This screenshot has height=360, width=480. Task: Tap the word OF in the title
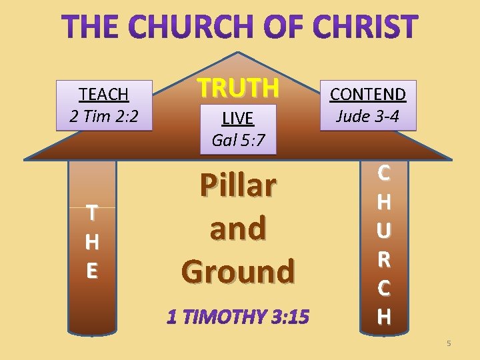tap(286, 27)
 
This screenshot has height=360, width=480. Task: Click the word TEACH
tap(103, 95)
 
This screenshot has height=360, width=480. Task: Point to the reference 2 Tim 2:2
tap(103, 116)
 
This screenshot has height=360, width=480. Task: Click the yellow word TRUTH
tap(237, 87)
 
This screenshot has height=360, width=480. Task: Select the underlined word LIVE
tap(237, 119)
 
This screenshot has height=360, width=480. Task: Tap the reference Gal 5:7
tap(237, 140)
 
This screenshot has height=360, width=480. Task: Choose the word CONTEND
tap(368, 95)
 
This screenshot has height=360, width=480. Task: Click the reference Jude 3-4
tap(368, 116)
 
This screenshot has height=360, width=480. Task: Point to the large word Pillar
tap(237, 186)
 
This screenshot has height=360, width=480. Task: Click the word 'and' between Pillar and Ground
tap(237, 228)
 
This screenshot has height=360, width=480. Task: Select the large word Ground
tap(237, 271)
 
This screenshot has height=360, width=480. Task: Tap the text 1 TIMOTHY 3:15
tap(237, 317)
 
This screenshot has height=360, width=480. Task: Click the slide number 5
tap(449, 343)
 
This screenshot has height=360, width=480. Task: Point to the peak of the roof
tap(239, 53)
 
